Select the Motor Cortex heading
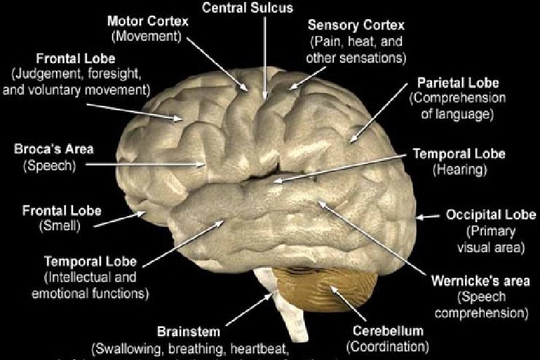(x=148, y=21)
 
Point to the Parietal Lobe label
(x=457, y=84)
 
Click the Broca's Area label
(x=45, y=149)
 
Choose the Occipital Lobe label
(x=490, y=215)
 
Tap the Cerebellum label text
(x=387, y=331)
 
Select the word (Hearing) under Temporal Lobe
(x=460, y=169)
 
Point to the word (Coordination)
(x=387, y=346)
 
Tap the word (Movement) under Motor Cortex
(x=147, y=35)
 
